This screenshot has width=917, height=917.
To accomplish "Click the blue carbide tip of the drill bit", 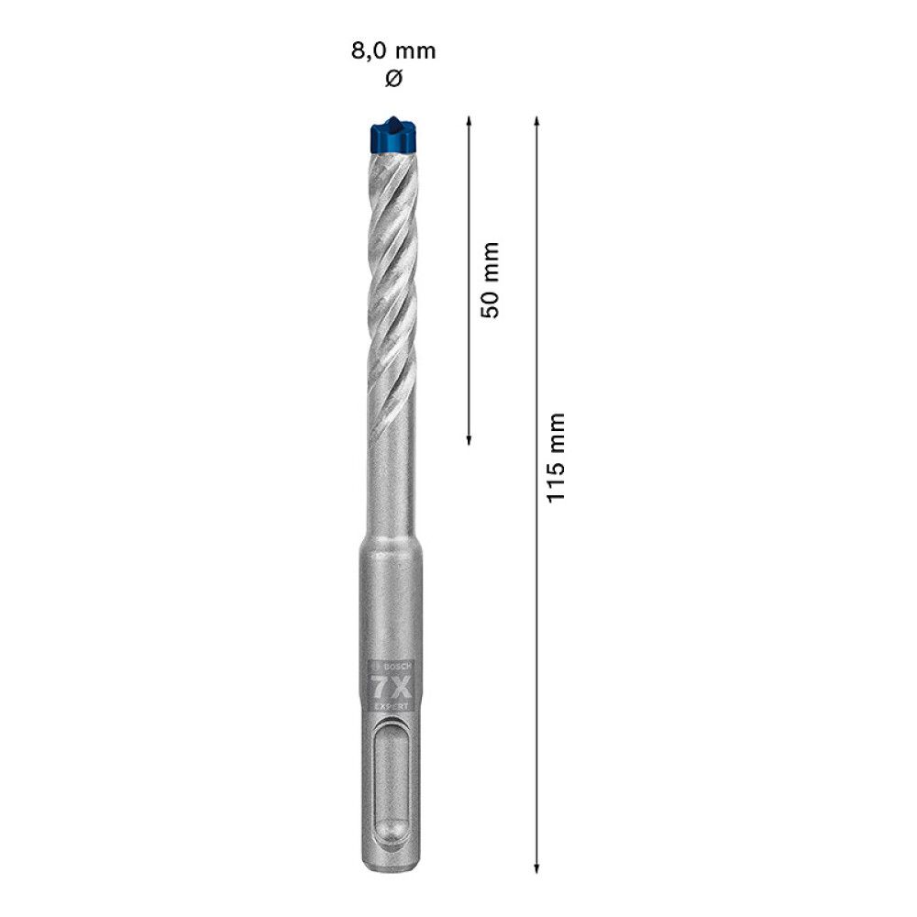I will click(392, 138).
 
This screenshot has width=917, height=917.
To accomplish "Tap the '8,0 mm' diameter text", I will click(393, 50).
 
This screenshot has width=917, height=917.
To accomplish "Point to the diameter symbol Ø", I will click(393, 79).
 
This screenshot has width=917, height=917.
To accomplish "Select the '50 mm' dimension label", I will click(491, 280).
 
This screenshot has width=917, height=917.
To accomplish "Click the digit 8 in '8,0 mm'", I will click(358, 50).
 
